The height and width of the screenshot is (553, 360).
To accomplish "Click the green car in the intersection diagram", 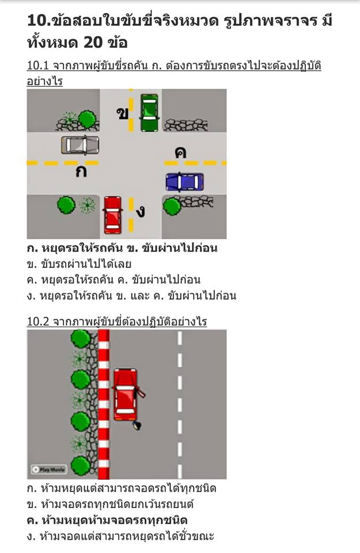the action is point(149,113).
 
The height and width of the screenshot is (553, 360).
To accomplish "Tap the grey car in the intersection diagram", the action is point(80,145).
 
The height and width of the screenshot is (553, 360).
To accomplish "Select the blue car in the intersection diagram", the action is point(185,182).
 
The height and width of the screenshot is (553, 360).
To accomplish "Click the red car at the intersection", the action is point(113,215).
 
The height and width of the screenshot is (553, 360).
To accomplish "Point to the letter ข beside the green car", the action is point(122,113).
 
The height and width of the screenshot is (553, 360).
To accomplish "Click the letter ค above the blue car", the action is point(180,152).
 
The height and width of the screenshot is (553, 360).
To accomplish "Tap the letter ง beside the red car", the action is point(141,211).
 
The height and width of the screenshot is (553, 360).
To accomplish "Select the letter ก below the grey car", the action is point(81,172).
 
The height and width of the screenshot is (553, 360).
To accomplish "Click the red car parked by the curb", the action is point(126,395).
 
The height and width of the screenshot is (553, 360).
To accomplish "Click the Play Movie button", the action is point(49,469).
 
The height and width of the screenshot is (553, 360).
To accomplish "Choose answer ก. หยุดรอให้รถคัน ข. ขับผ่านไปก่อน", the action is point(122,248).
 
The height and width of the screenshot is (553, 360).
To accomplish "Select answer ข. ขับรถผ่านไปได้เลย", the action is point(79,264).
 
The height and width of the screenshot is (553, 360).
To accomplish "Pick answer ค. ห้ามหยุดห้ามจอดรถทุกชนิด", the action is point(107,520).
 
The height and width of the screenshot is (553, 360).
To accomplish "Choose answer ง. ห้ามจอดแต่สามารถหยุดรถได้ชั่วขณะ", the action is point(120,536).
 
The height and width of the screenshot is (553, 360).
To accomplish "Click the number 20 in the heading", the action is point(93,43).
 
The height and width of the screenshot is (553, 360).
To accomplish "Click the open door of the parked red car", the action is point(141,392).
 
